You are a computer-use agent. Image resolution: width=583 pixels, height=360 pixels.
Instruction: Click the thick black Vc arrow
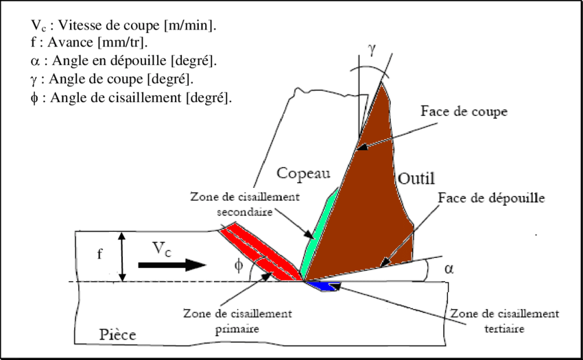(171, 265)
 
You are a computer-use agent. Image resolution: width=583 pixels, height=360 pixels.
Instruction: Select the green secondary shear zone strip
(319, 235)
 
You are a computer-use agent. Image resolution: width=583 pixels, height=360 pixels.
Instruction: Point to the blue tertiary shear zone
(323, 286)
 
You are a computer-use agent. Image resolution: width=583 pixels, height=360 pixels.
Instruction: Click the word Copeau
(303, 173)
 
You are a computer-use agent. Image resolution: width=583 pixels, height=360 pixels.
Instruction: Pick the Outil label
(416, 178)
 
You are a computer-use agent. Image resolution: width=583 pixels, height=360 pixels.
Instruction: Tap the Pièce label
(117, 335)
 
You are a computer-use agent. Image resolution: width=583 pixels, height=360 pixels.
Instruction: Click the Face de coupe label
(464, 111)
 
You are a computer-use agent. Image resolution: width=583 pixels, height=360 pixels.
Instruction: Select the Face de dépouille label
(491, 197)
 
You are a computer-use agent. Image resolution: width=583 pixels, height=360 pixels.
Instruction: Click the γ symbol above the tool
(372, 49)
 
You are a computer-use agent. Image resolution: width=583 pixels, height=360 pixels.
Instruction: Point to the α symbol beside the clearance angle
(449, 269)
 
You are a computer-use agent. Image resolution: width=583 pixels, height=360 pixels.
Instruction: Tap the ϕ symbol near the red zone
(239, 265)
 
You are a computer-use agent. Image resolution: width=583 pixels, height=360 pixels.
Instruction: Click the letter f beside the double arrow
(99, 254)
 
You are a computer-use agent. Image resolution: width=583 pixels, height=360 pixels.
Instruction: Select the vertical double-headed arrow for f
(122, 256)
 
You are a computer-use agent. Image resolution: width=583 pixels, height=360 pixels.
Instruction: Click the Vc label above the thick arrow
(162, 249)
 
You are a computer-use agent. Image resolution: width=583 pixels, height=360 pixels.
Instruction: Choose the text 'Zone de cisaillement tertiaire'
(505, 321)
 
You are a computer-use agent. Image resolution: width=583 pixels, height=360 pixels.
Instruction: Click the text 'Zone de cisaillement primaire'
(237, 321)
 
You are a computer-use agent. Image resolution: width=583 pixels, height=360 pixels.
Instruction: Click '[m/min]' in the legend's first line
(190, 25)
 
